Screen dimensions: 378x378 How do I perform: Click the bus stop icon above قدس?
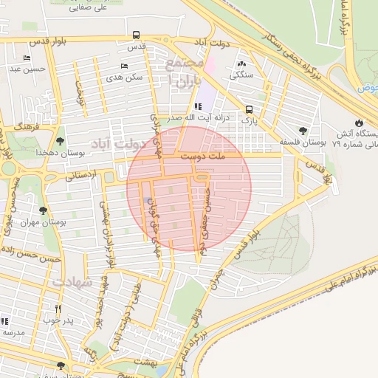pyautogui.click(x=136, y=35)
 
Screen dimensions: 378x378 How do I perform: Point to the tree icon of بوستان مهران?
pyautogui.click(x=43, y=210)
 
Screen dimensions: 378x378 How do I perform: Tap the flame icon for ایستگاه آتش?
pyautogui.click(x=359, y=123)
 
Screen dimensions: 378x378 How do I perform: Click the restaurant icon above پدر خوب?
pyautogui.click(x=58, y=308)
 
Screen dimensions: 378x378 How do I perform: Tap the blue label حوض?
pyautogui.click(x=368, y=88)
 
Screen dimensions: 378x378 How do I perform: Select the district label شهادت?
pyautogui.click(x=71, y=282)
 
